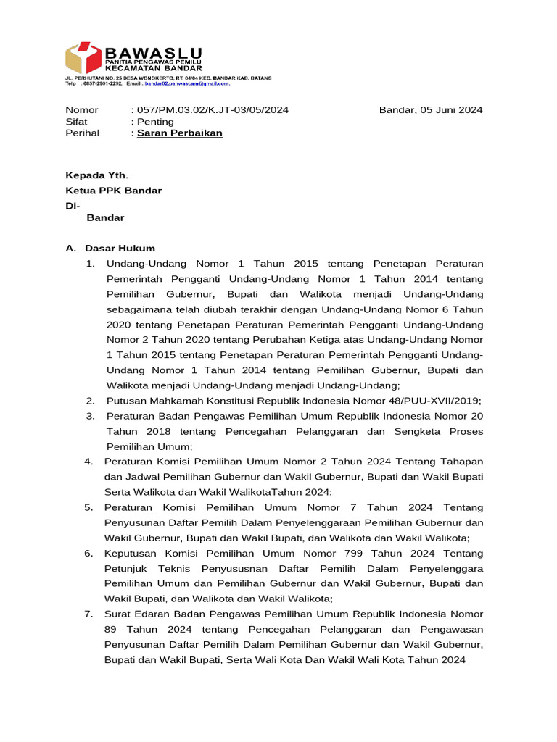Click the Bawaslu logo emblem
click(83, 59)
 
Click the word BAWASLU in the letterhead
click(153, 52)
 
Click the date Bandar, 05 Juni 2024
click(431, 110)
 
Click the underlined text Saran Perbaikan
click(180, 133)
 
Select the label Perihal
click(83, 133)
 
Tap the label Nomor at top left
click(82, 110)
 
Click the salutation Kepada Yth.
click(97, 175)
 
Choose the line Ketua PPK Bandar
click(113, 191)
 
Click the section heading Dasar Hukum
click(120, 249)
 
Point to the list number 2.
click(90, 401)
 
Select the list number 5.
click(88, 507)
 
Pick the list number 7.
click(88, 614)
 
